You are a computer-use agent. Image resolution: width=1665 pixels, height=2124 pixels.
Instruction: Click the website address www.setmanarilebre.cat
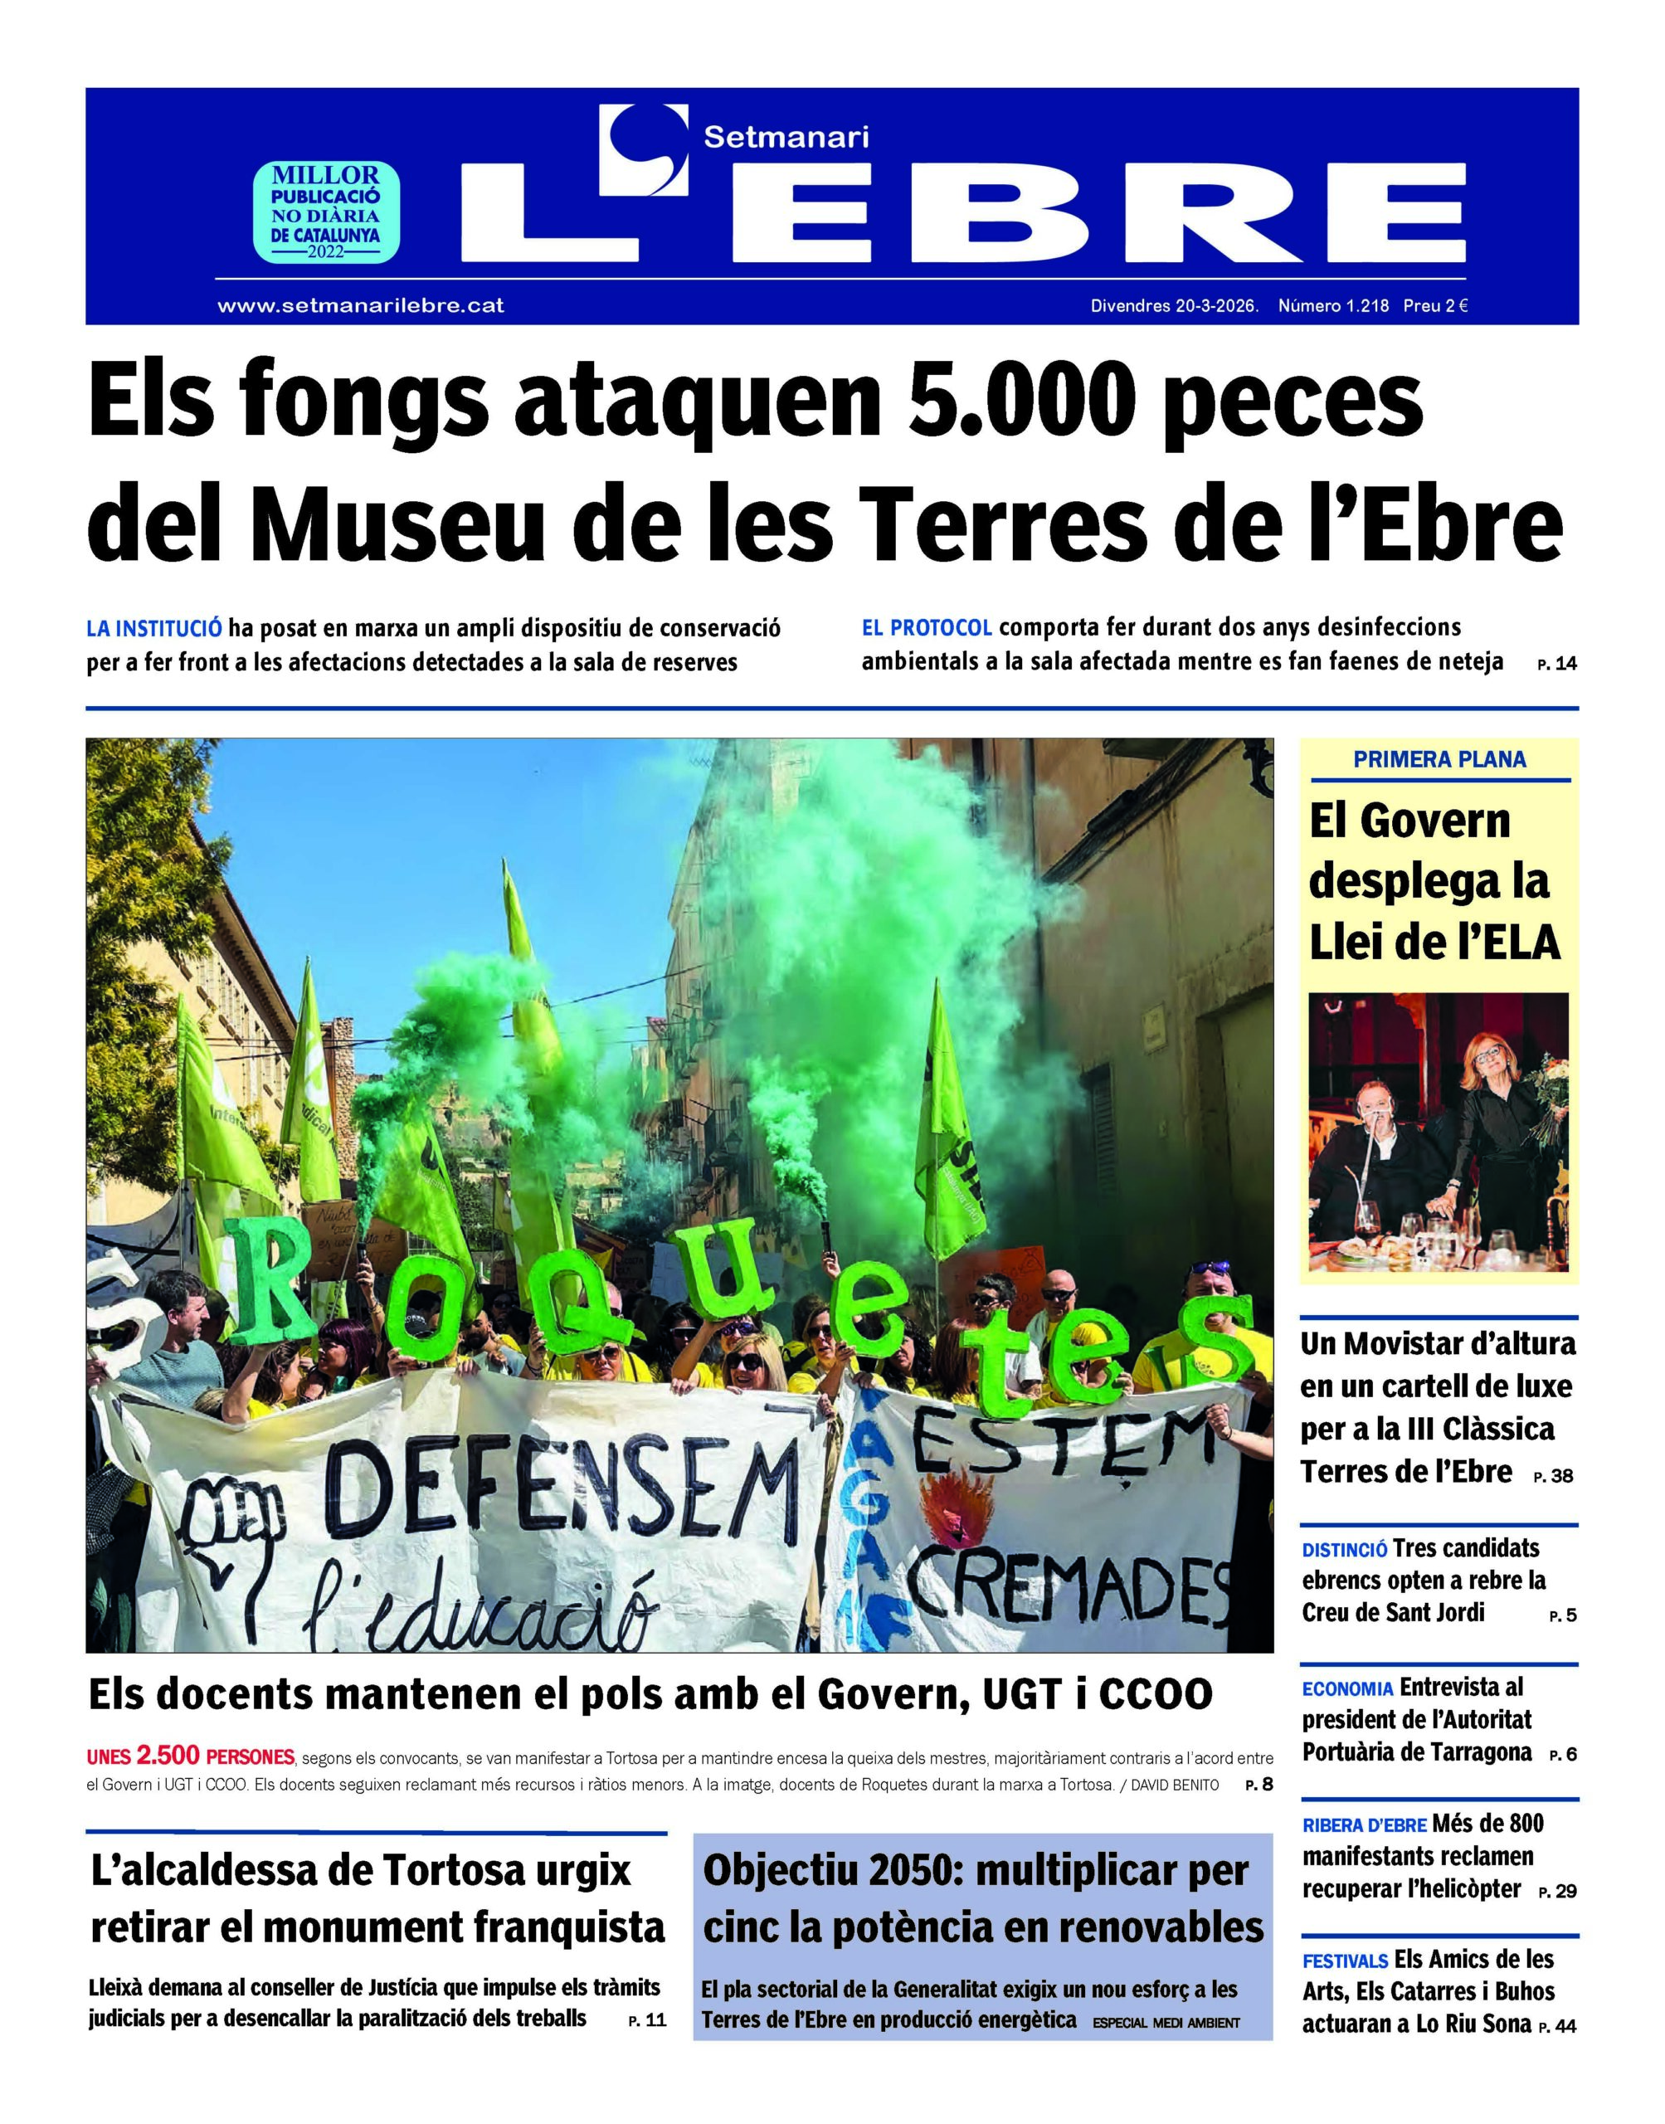click(360, 305)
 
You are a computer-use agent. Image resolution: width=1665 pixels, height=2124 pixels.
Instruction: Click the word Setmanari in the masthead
click(786, 138)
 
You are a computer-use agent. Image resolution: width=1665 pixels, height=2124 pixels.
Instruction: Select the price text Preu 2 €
click(1435, 305)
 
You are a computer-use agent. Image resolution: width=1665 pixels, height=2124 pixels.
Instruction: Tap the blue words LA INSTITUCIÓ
click(154, 628)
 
